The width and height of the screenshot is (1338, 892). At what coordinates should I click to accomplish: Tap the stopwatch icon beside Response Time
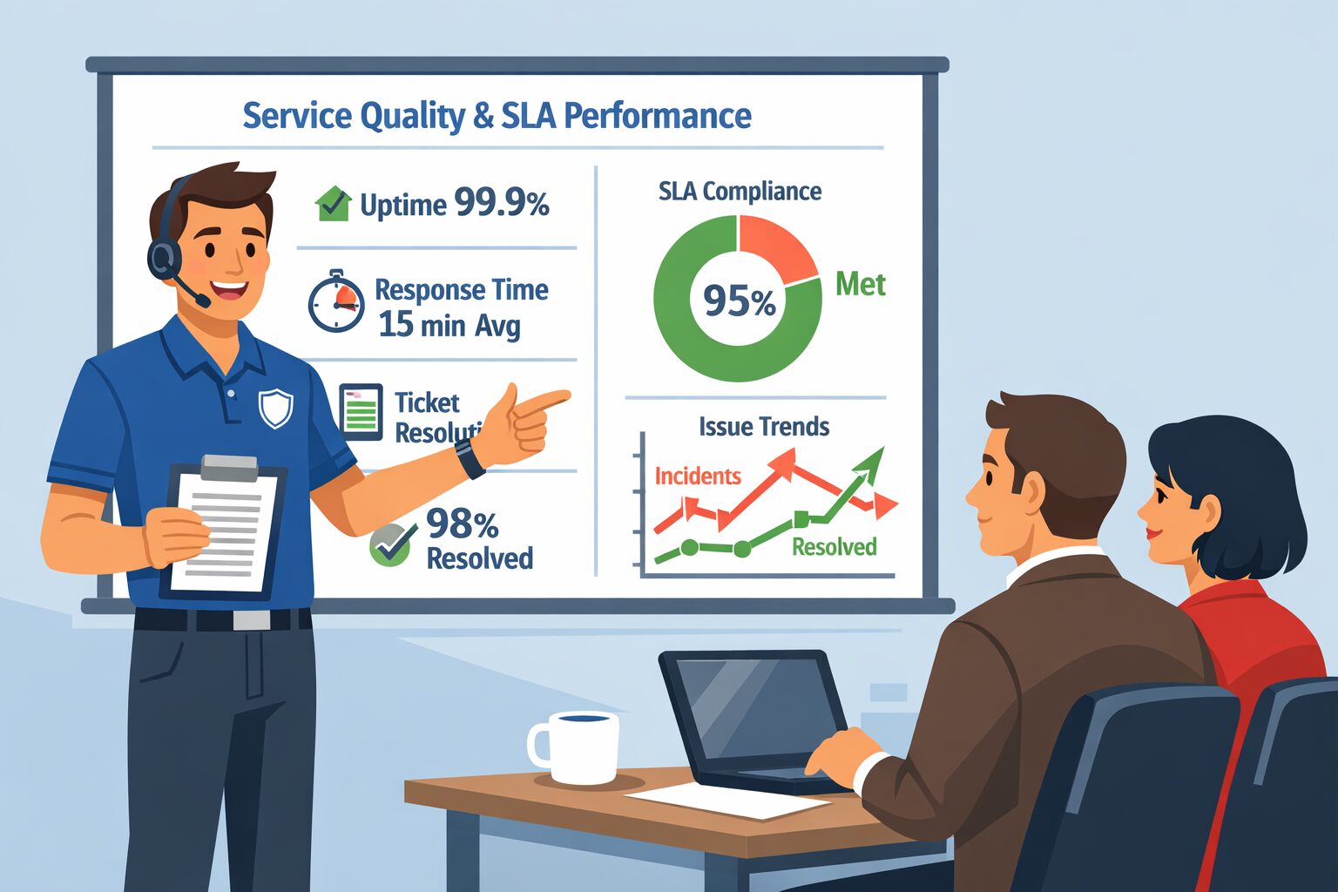(336, 302)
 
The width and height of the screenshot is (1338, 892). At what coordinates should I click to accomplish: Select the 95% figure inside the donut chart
(739, 301)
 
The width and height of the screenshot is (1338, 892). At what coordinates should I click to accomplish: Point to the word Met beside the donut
(860, 285)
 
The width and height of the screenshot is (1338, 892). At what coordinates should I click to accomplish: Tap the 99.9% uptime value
(502, 204)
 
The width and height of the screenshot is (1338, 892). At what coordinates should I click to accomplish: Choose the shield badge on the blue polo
(275, 408)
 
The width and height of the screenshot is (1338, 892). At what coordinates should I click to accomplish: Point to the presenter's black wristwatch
(470, 457)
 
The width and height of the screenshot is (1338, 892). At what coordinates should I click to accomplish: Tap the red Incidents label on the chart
(697, 476)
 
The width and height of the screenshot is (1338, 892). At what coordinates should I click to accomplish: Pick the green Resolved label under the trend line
(834, 547)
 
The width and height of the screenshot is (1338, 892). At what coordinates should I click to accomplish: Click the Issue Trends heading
(763, 427)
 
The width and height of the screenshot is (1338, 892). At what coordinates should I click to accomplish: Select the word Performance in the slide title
(657, 116)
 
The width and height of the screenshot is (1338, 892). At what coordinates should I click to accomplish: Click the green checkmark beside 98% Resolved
(389, 544)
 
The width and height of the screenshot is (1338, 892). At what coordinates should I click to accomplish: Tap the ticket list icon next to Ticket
(361, 411)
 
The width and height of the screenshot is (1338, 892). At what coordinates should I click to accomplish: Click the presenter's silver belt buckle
(252, 620)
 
